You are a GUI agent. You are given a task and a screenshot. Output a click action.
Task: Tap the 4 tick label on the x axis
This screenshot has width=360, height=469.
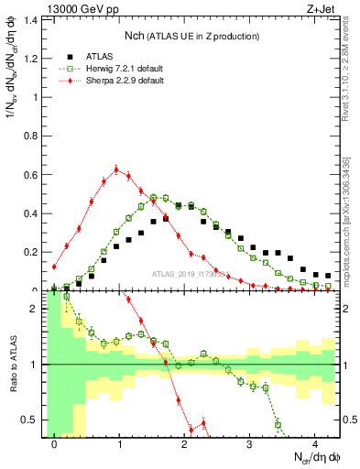314,444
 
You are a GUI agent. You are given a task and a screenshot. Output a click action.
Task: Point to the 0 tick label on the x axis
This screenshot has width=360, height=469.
55,444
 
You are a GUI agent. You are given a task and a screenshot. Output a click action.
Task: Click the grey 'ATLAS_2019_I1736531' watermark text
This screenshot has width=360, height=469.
189,274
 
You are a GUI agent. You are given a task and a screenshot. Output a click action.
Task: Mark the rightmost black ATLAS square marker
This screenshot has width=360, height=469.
328,275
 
